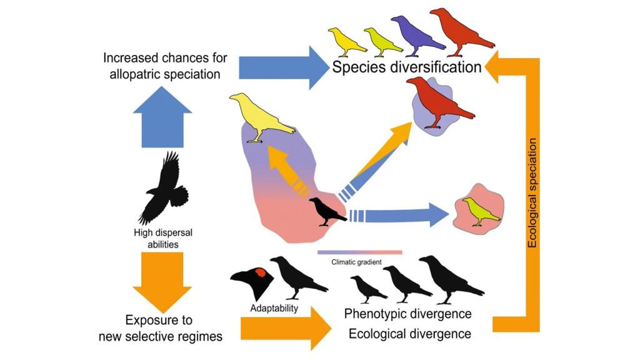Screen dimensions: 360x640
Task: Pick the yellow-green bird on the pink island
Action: [x=480, y=211]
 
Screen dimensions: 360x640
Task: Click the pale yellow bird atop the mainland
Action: [x=259, y=116]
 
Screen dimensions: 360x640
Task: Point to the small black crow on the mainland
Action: [x=327, y=211]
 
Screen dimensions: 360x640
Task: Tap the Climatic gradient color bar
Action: [x=359, y=252]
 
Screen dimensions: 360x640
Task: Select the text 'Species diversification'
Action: [x=407, y=67]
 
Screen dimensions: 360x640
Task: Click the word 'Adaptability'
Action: [x=274, y=308]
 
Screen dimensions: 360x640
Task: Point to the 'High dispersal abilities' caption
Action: [x=163, y=238]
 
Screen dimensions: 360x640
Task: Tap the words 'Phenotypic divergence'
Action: [x=407, y=313]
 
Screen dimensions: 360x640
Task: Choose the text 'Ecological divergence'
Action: [x=409, y=334]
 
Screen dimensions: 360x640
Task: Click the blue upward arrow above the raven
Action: [x=162, y=117]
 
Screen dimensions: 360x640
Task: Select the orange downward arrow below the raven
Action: [x=162, y=281]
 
